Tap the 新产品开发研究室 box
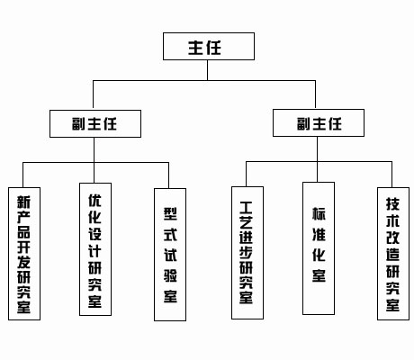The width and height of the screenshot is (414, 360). [x=23, y=254]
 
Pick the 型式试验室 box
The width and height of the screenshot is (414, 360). [x=170, y=255]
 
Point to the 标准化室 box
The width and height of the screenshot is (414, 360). [x=319, y=248]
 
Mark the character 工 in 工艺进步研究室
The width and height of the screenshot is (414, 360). [x=247, y=203]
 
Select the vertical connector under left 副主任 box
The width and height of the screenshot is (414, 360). [x=94, y=149]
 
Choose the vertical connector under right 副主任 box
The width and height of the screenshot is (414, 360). [x=319, y=149]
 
